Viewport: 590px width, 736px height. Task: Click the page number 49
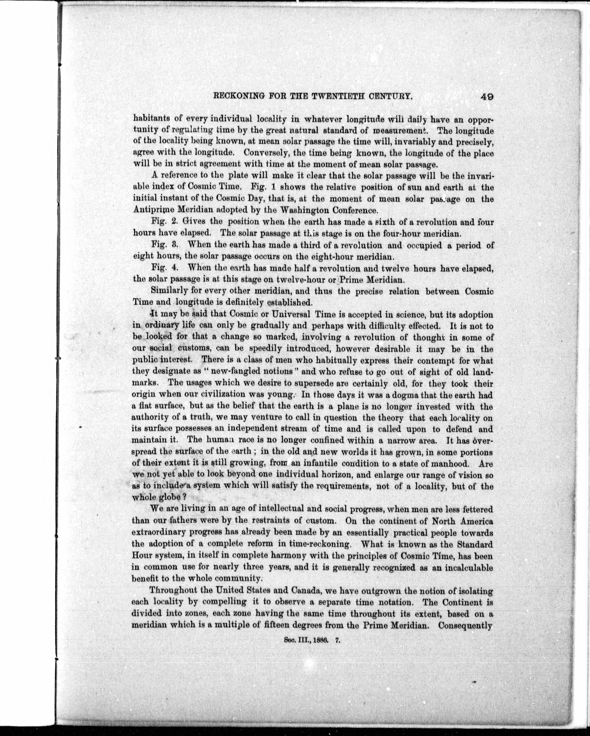(x=487, y=97)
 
